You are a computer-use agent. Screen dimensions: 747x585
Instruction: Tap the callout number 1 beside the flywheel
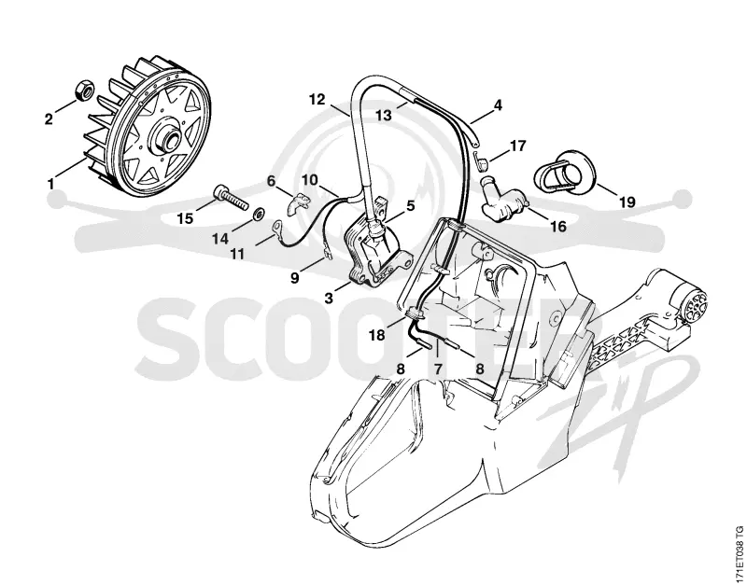(x=50, y=183)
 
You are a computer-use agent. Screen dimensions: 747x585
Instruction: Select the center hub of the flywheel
(x=165, y=136)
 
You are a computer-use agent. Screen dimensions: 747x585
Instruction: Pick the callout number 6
(x=271, y=181)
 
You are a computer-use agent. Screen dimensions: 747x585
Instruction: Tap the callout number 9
(x=295, y=277)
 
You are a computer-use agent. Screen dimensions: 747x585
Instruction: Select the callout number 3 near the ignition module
(x=329, y=299)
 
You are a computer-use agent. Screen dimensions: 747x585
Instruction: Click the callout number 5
(x=410, y=205)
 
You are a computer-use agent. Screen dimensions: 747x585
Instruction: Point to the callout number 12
(x=317, y=100)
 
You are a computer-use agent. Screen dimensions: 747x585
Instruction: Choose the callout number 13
(x=384, y=115)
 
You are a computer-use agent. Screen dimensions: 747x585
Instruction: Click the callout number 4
(x=498, y=104)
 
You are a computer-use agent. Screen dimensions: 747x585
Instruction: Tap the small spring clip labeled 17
(x=482, y=160)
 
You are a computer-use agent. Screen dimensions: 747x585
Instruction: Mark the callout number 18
(x=377, y=335)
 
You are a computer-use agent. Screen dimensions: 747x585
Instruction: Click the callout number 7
(x=438, y=369)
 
